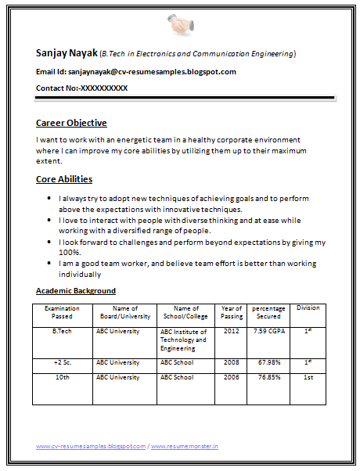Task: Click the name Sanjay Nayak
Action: click(67, 53)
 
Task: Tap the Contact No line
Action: click(81, 88)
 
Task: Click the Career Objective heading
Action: click(71, 123)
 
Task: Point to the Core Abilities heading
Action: click(64, 179)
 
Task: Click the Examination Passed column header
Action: click(62, 312)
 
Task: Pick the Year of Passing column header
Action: click(232, 312)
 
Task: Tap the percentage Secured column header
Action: click(268, 312)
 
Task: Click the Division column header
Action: click(308, 308)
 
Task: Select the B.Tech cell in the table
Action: click(62, 331)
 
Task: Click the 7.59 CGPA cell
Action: click(268, 331)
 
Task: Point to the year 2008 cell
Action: click(232, 363)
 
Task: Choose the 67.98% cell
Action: click(268, 363)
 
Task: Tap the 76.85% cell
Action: click(268, 378)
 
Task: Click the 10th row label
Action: click(62, 378)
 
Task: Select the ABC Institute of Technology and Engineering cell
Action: click(184, 340)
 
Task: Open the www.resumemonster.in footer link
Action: click(185, 446)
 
